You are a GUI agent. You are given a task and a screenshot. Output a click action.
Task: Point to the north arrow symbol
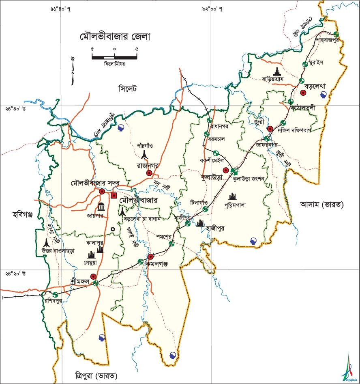pyautogui.click(x=73, y=71)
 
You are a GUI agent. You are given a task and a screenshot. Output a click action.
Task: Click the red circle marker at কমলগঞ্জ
pyautogui.click(x=150, y=257)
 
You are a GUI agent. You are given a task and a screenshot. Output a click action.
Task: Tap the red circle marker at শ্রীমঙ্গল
pyautogui.click(x=94, y=277)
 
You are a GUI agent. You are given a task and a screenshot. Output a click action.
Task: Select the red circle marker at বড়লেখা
pyautogui.click(x=303, y=93)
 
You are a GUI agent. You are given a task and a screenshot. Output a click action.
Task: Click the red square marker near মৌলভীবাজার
pyautogui.click(x=114, y=196)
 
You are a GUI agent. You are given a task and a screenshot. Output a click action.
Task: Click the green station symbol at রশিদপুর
pyautogui.click(x=55, y=294)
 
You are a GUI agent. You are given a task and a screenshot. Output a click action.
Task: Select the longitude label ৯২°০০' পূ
pyautogui.click(x=212, y=9)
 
